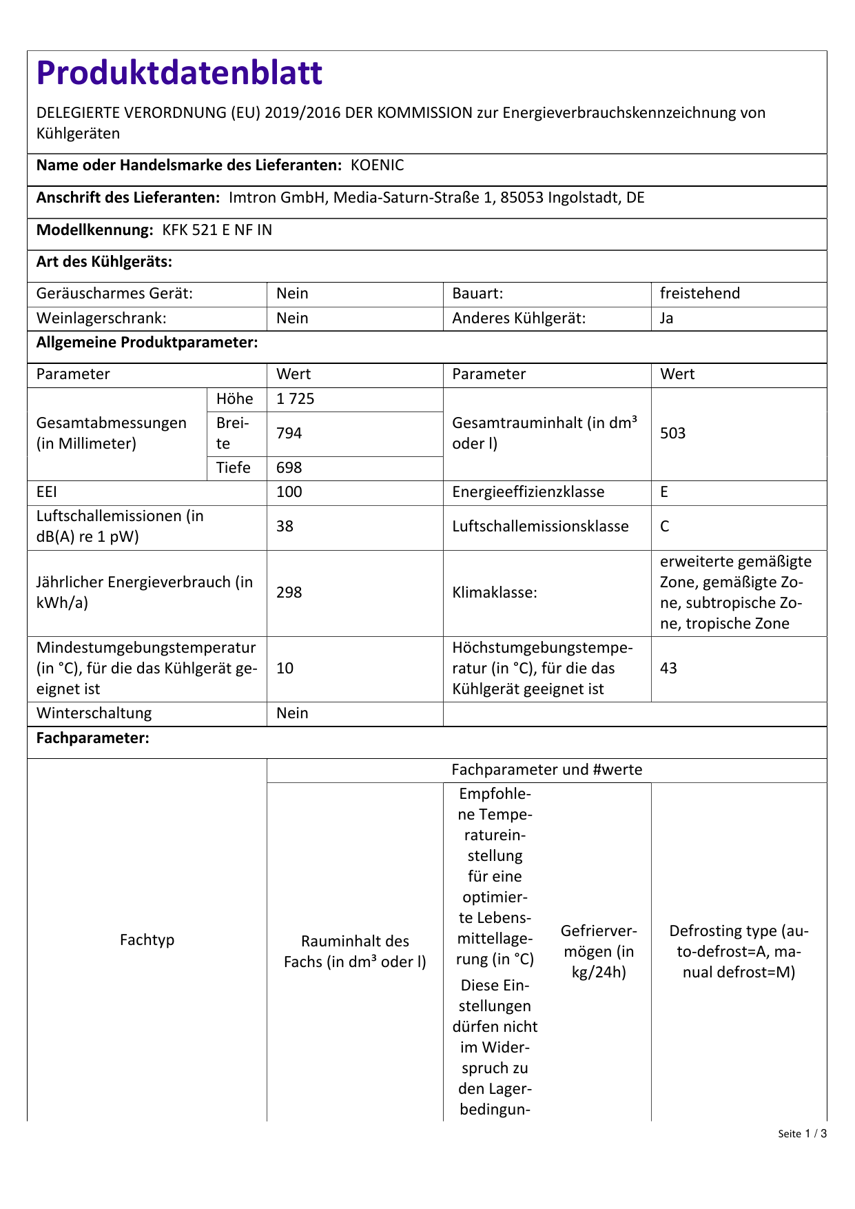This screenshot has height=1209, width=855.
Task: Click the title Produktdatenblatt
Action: pyautogui.click(x=179, y=73)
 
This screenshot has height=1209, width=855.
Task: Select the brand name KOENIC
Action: pyautogui.click(x=377, y=165)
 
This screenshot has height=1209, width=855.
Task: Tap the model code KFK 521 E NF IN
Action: pyautogui.click(x=217, y=230)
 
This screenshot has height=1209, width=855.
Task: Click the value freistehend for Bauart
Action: pyautogui.click(x=699, y=294)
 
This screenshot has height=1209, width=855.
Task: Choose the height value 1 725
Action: pyautogui.click(x=295, y=399)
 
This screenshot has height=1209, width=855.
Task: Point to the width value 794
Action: pyautogui.click(x=289, y=434)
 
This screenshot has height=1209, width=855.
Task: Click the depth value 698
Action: pyautogui.click(x=289, y=468)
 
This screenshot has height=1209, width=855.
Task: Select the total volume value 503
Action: pyautogui.click(x=672, y=434)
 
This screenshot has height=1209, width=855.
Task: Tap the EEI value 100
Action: pyautogui.click(x=289, y=492)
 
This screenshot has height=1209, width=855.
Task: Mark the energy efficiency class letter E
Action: pyautogui.click(x=664, y=492)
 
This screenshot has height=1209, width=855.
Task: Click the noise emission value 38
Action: pyautogui.click(x=285, y=527)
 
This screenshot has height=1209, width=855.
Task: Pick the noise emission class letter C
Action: pyautogui.click(x=664, y=527)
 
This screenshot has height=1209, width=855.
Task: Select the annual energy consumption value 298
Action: pyautogui.click(x=289, y=593)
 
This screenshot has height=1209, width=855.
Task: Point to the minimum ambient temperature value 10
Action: pyautogui.click(x=285, y=669)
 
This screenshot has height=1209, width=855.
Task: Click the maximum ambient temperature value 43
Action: pyautogui.click(x=668, y=669)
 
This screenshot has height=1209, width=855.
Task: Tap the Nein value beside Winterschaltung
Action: pyautogui.click(x=292, y=713)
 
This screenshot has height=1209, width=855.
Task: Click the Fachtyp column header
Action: pyautogui.click(x=147, y=940)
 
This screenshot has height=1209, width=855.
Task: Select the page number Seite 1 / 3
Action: pyautogui.click(x=802, y=1134)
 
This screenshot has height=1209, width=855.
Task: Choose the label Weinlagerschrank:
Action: pyautogui.click(x=101, y=318)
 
